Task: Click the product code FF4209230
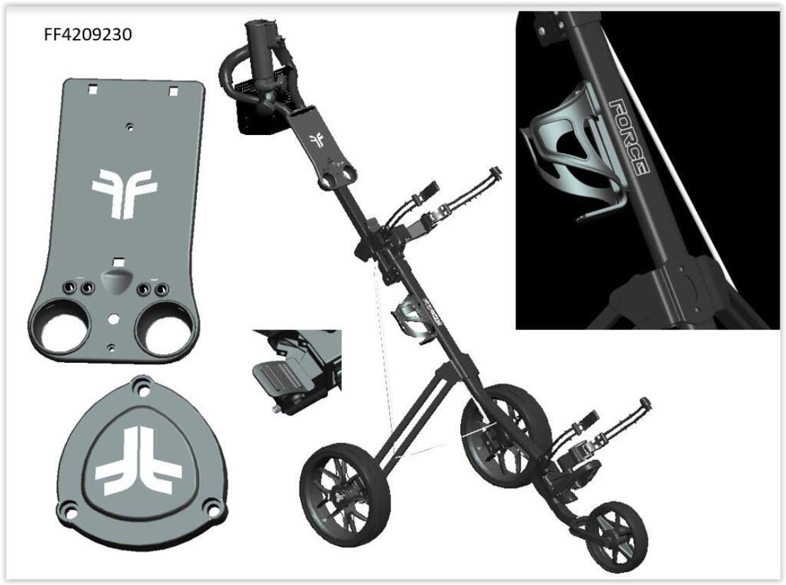[88, 35]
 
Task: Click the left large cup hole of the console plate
[65, 332]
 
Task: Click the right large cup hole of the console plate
[166, 331]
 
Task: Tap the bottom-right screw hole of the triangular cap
[213, 509]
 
